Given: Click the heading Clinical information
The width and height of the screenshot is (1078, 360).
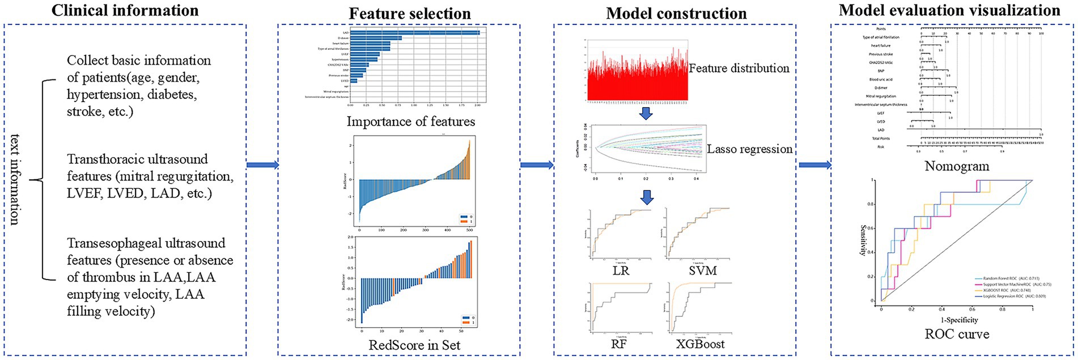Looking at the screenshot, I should (x=125, y=10).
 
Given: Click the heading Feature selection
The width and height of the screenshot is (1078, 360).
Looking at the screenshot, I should (x=410, y=14).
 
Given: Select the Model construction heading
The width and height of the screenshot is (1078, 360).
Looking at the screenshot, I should (x=676, y=14).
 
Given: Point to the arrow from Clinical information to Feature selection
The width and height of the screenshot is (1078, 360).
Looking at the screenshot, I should (x=262, y=165).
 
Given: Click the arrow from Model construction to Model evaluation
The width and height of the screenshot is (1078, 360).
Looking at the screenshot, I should (x=815, y=165).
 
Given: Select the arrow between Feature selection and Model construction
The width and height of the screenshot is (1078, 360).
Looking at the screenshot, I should (x=537, y=165).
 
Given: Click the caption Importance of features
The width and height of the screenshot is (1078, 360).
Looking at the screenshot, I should (x=411, y=121).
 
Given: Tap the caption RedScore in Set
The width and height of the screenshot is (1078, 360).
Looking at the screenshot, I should (x=414, y=345).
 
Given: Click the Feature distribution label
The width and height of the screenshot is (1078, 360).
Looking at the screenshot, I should (x=739, y=68).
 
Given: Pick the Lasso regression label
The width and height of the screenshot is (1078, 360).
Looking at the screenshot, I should (x=749, y=149).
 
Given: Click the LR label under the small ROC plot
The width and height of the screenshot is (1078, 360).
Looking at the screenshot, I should (x=621, y=270).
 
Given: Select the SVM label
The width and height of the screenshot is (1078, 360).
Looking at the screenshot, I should (x=702, y=270).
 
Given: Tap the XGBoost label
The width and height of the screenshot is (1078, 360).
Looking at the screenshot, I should (x=700, y=344).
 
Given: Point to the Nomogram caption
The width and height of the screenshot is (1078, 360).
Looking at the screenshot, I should (x=957, y=167).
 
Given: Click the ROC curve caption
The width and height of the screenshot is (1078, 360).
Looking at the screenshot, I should (x=957, y=334).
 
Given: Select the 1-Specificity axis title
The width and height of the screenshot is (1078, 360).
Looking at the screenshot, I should (x=957, y=320).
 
